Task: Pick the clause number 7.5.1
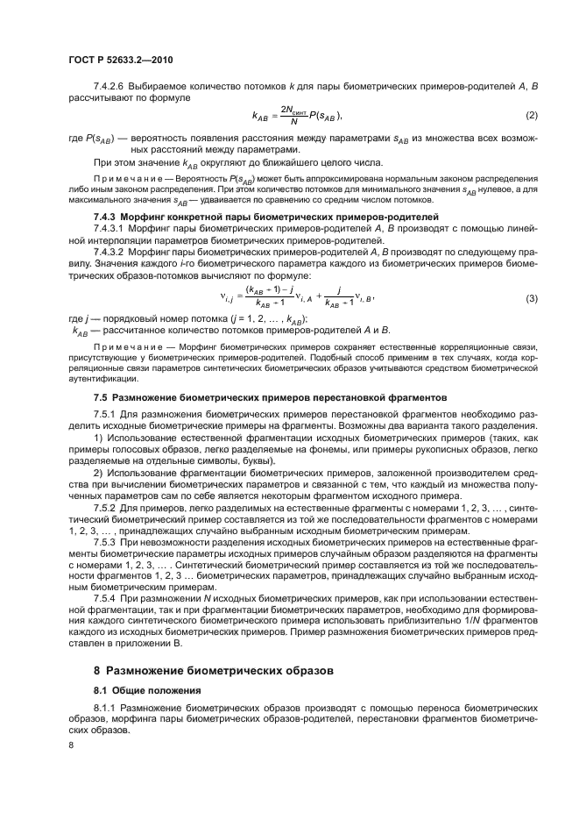tap(105, 413)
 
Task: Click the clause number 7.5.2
tap(105, 508)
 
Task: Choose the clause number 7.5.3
tap(105, 542)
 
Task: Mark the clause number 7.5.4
tap(105, 598)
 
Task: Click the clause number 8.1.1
tap(105, 706)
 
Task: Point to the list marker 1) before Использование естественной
tap(98, 437)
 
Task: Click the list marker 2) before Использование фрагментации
tap(98, 472)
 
